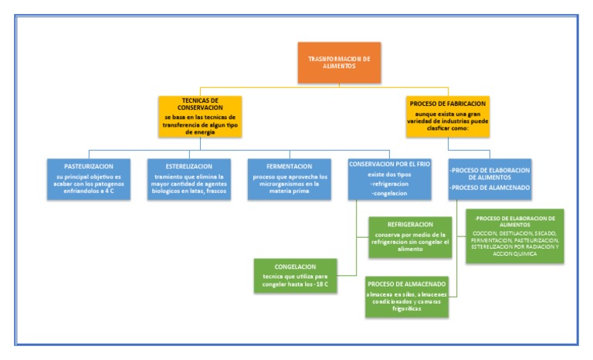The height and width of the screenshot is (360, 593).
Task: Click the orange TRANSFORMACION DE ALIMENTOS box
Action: click(339, 63)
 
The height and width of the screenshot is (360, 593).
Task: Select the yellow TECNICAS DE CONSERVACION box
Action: click(200, 116)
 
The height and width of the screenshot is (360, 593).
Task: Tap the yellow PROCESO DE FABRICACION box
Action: click(447, 116)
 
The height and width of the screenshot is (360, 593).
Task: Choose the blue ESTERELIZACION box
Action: click(189, 179)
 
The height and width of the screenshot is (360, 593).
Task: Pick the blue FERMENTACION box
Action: click(290, 179)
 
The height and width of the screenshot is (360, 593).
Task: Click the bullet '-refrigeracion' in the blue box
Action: click(391, 185)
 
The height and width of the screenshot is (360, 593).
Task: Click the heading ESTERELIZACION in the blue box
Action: click(189, 165)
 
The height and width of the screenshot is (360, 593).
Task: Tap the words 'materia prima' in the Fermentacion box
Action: click(290, 193)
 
